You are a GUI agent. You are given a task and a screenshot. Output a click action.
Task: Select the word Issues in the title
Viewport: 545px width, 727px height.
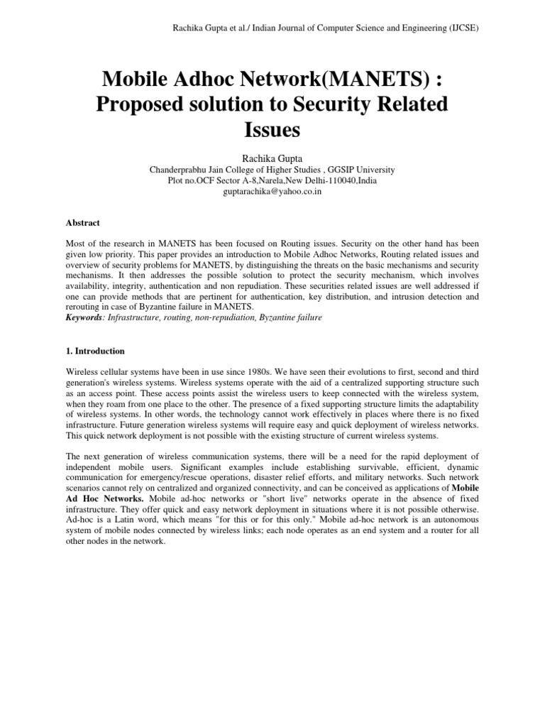272,130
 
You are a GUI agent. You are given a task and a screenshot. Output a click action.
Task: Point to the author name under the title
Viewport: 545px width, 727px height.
272,158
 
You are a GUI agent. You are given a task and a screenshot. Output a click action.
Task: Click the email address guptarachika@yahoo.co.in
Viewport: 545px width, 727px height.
272,192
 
